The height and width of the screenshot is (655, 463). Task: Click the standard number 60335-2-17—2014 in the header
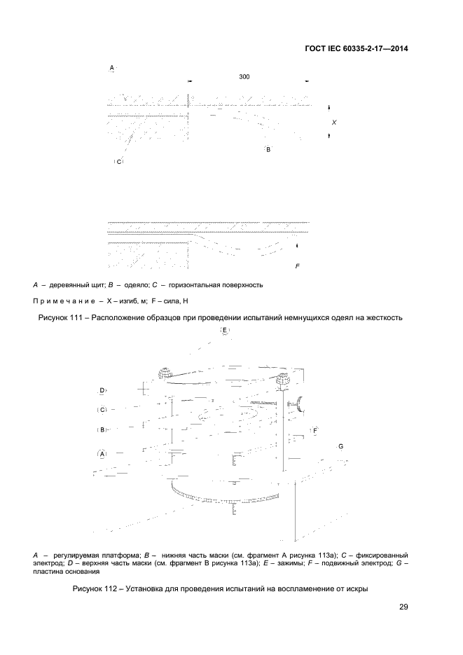click(x=369, y=49)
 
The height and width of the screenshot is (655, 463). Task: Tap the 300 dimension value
click(x=244, y=76)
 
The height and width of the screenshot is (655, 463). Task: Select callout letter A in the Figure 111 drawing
click(x=111, y=68)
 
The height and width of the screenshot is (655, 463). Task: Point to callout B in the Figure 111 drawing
click(x=268, y=149)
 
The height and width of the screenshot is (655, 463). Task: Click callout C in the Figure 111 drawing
click(x=118, y=162)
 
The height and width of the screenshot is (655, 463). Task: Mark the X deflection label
click(x=334, y=123)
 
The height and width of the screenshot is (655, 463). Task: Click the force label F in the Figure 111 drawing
click(x=297, y=266)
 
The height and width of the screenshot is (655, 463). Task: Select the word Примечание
click(x=66, y=301)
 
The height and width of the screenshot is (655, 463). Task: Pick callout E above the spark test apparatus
click(x=225, y=331)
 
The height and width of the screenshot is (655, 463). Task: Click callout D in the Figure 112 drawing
click(x=102, y=391)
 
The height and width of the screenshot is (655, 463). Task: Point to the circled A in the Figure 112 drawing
click(x=102, y=453)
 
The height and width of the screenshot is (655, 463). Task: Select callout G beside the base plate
click(x=340, y=446)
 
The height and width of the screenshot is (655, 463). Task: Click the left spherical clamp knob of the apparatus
click(x=164, y=373)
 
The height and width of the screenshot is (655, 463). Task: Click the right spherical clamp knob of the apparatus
click(x=285, y=380)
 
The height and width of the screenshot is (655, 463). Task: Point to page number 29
click(x=403, y=607)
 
